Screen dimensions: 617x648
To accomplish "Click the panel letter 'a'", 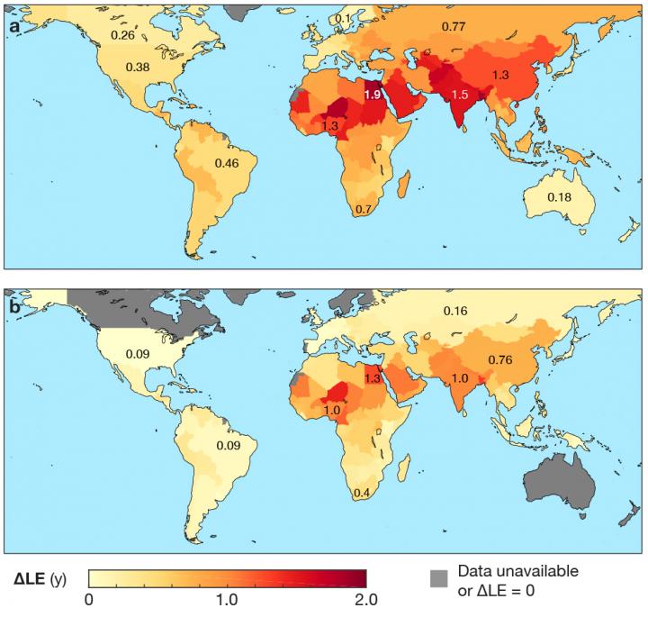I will (14, 26).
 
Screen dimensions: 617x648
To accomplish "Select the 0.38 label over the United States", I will (138, 67).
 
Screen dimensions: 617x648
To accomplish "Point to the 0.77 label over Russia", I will (453, 28).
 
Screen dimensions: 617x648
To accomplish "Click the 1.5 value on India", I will (460, 95).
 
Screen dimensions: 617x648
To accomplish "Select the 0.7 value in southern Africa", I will (364, 210).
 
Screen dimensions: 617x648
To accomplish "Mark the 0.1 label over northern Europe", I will (342, 19).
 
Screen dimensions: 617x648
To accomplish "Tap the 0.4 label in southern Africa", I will (363, 493).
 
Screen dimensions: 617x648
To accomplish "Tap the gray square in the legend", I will (437, 579).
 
